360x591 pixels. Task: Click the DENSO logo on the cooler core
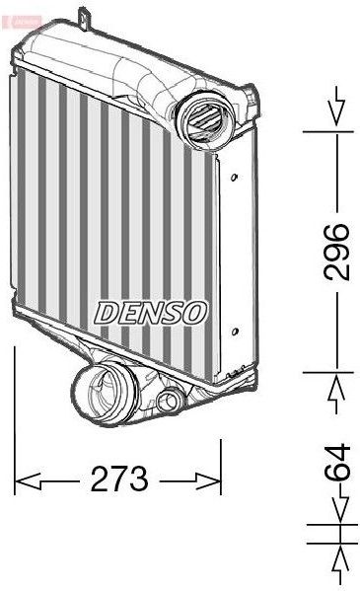coord(151,311)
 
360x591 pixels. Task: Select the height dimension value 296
coord(338,253)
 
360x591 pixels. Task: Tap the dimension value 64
coord(338,463)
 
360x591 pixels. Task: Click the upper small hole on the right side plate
coord(234,179)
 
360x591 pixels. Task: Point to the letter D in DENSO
coord(106,311)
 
